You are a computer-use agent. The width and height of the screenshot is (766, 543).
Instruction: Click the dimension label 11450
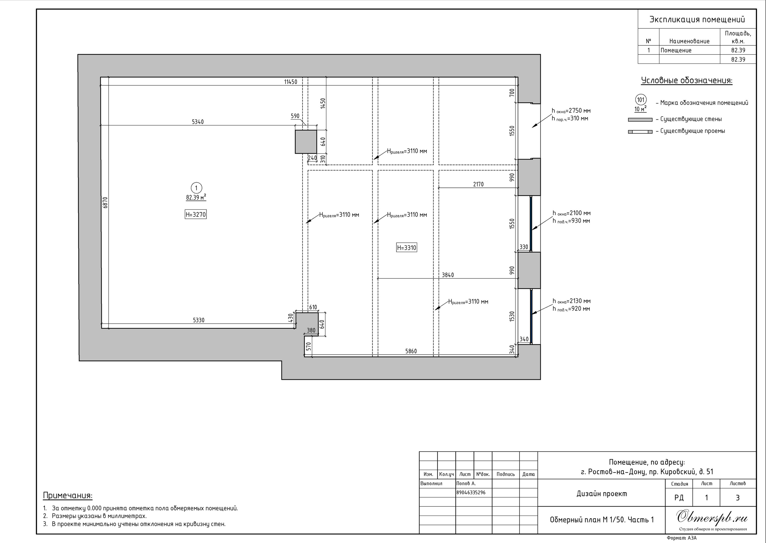coord(290,82)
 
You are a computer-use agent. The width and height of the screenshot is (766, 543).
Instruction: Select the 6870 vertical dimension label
coord(105,203)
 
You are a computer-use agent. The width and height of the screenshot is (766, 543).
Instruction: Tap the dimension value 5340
coord(198,122)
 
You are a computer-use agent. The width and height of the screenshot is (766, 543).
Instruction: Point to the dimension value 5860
coord(411,351)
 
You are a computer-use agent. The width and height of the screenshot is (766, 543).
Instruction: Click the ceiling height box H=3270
coord(196,214)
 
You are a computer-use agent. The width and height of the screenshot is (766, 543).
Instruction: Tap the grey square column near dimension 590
coord(306,142)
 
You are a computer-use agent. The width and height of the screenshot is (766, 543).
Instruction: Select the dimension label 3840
coord(448,275)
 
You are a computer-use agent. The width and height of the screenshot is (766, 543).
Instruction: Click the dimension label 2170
coord(478,184)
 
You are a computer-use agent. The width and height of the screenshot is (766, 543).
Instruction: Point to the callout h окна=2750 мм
coord(571,111)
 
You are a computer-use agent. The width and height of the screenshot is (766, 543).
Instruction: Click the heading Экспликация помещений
coord(697,19)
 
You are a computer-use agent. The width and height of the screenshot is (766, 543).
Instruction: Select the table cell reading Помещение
coord(676,51)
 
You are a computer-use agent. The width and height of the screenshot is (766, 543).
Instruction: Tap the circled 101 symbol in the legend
coord(641,100)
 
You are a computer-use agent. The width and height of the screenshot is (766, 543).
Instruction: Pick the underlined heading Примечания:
coord(68,495)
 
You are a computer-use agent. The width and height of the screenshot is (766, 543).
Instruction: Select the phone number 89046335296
coord(471,492)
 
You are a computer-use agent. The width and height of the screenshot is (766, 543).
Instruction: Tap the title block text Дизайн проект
coord(602,494)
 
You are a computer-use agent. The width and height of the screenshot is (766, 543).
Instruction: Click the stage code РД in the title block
coord(679,498)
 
